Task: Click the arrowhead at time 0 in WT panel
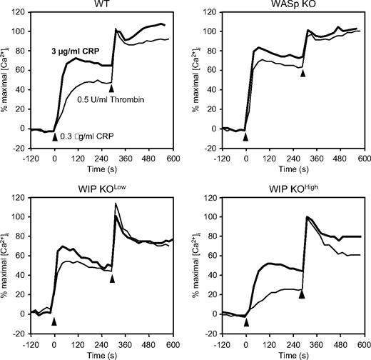(x=55, y=136)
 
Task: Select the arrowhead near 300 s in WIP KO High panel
(x=303, y=294)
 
